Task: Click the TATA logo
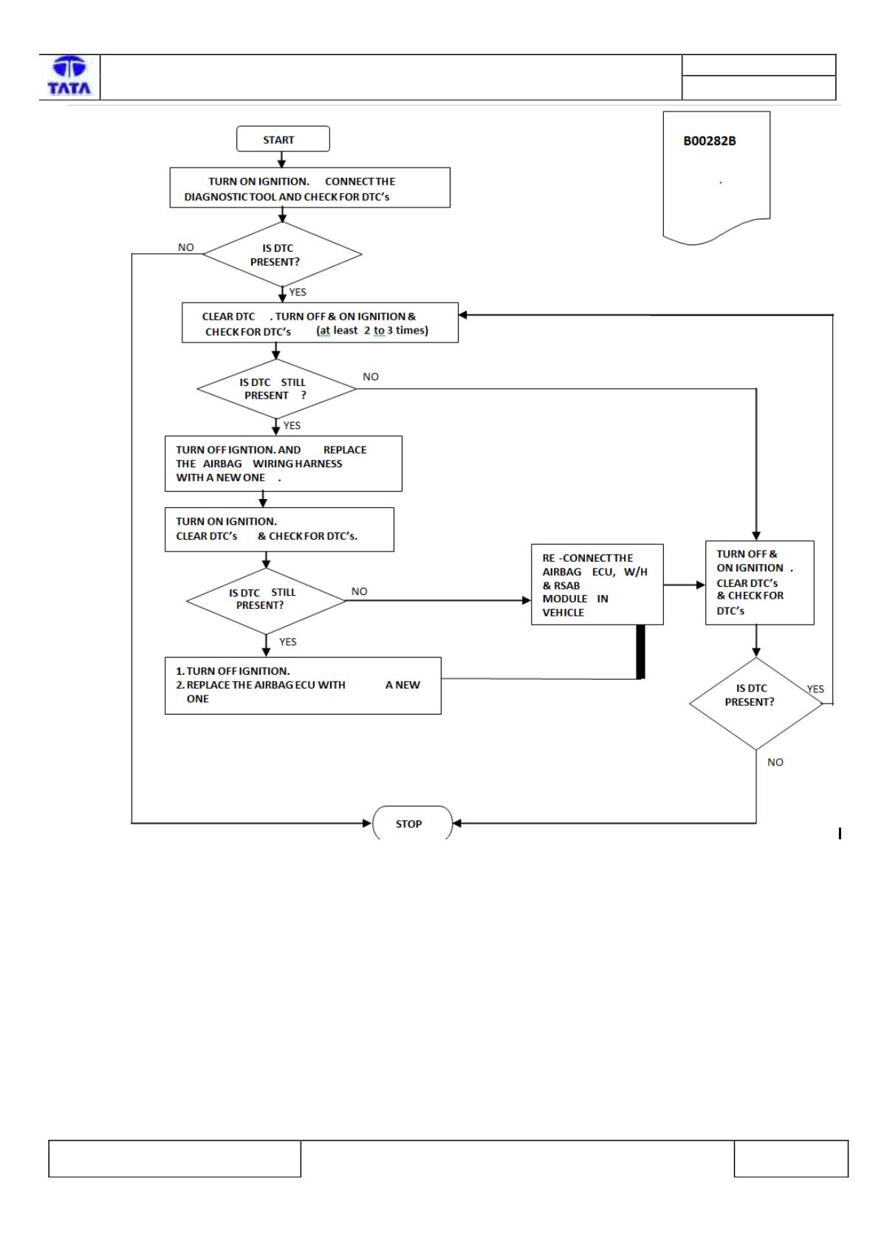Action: tap(69, 75)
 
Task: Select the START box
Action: tap(283, 139)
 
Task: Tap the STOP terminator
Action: tap(412, 822)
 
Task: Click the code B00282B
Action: tap(710, 141)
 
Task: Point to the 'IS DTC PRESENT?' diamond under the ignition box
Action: tap(282, 254)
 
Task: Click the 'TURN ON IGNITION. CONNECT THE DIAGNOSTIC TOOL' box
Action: tap(309, 188)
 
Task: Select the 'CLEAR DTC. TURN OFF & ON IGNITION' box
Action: tap(320, 323)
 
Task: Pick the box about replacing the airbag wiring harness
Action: tap(284, 464)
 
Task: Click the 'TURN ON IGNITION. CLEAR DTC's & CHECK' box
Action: tap(279, 530)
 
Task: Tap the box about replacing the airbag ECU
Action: tap(303, 686)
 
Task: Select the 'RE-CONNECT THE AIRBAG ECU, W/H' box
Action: tap(597, 585)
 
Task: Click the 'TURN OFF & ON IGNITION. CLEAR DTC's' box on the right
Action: tap(760, 582)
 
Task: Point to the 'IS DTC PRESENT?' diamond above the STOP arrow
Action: tap(756, 703)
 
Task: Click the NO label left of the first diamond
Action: tap(185, 247)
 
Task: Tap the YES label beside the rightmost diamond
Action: tap(815, 689)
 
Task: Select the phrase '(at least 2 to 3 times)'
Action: tap(372, 331)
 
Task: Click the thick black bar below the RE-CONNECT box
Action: tap(641, 652)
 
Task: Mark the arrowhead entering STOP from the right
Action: tap(457, 823)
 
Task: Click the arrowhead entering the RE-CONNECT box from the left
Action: tap(526, 601)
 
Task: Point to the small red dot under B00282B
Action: tap(721, 182)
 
